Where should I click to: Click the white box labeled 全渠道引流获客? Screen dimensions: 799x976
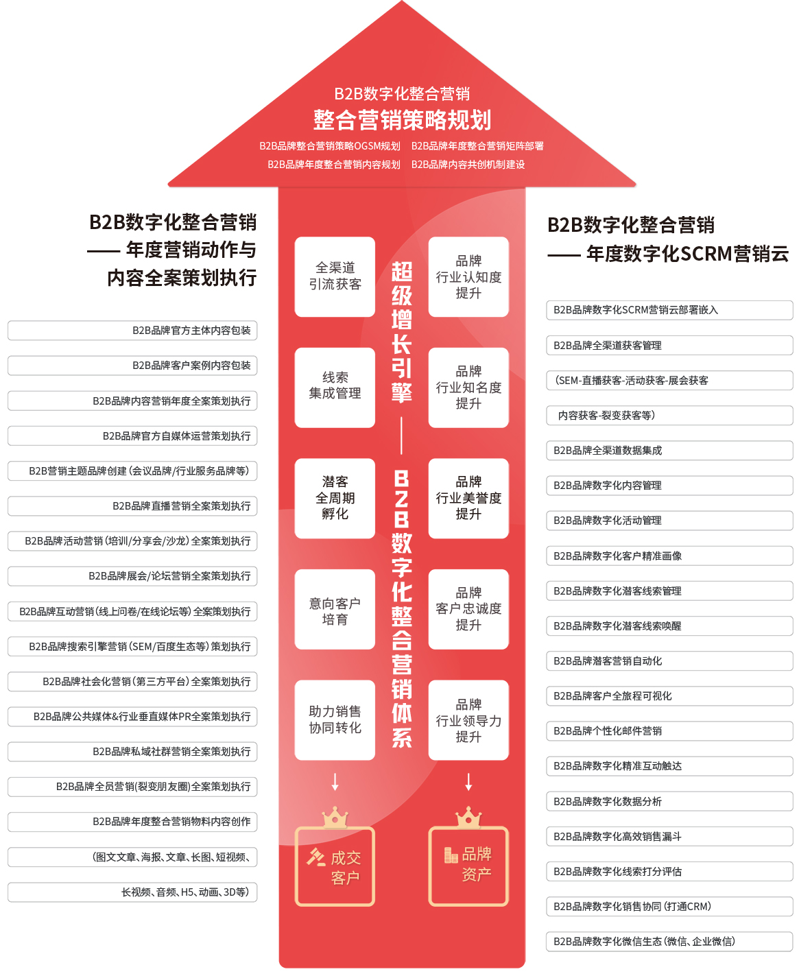[x=335, y=276]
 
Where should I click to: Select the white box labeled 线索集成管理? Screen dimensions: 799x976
[x=335, y=387]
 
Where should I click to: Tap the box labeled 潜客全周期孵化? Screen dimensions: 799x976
[x=335, y=498]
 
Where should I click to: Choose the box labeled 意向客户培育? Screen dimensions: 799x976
[x=335, y=608]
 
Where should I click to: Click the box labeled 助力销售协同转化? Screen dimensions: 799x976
[x=335, y=719]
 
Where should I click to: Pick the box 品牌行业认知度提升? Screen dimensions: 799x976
[x=468, y=276]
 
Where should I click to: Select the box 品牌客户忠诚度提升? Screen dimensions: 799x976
[x=468, y=608]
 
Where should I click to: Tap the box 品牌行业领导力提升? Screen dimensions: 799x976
[x=468, y=719]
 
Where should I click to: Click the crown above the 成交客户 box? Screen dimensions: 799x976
[x=335, y=817]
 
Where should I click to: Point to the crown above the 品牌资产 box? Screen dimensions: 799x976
[x=468, y=817]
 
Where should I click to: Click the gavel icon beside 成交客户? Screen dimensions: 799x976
[x=316, y=857]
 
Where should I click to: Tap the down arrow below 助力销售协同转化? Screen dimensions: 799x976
[x=335, y=781]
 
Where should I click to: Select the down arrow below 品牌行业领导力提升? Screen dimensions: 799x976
[x=468, y=781]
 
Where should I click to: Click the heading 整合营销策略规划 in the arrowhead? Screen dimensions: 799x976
[x=402, y=120]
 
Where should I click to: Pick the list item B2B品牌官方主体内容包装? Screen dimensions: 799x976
[x=132, y=331]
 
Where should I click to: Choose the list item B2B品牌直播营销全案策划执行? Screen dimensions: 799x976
[x=132, y=505]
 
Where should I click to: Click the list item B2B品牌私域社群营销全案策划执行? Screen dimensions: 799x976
[x=132, y=752]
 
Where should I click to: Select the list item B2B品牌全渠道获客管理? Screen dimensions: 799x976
[x=669, y=345]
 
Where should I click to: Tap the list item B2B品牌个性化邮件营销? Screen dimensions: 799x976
[x=669, y=730]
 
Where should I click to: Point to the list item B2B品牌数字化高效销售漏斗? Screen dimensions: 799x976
[x=669, y=836]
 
